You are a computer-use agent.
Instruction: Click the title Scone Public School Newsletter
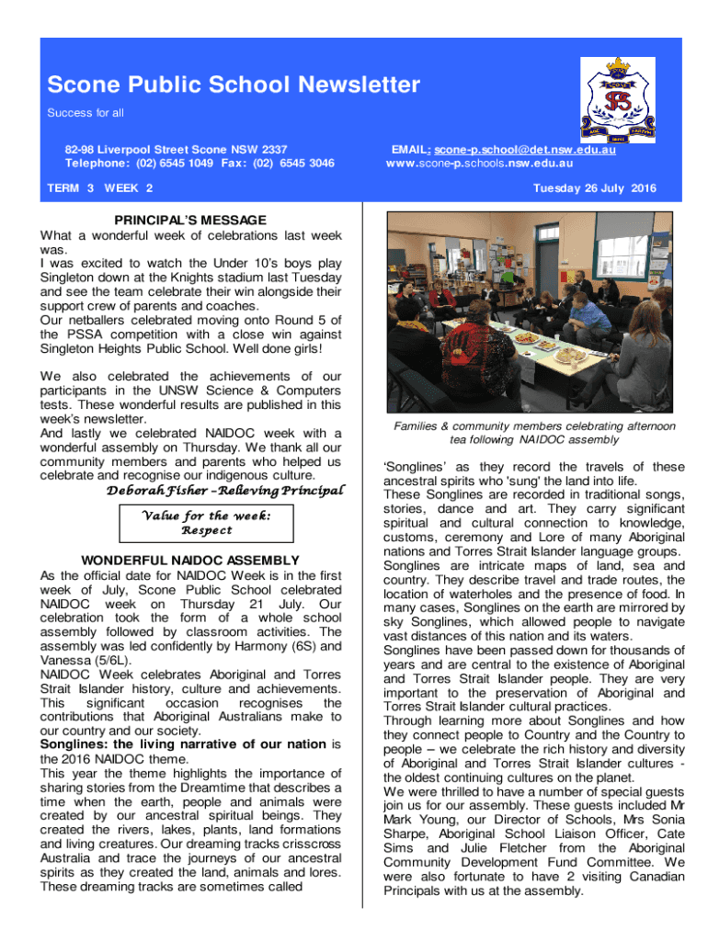pos(234,86)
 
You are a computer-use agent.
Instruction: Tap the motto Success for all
pos(86,113)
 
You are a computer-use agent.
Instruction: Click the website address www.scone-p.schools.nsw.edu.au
pos(479,164)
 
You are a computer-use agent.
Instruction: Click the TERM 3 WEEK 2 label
pos(100,188)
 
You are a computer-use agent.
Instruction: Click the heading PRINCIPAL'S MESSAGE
pos(190,221)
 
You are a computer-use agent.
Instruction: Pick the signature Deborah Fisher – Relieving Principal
pos(225,490)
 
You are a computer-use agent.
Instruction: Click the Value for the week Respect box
pos(205,523)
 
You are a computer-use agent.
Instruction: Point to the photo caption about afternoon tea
pos(534,433)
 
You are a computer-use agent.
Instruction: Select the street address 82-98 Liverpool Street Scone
pos(176,149)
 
